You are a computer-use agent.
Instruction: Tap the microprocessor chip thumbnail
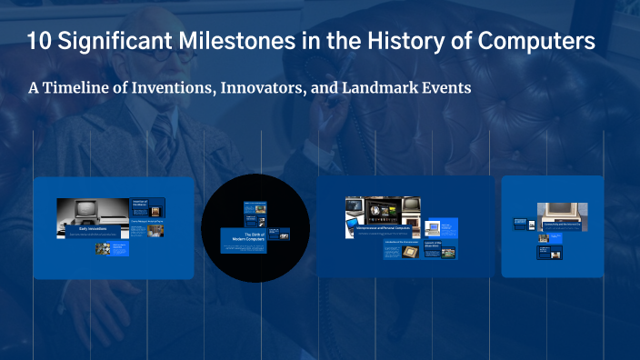410,251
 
